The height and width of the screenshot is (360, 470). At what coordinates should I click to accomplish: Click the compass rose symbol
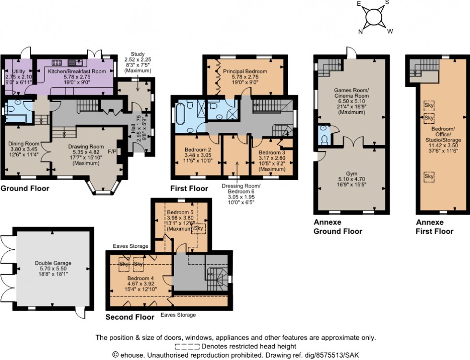click(x=374, y=18)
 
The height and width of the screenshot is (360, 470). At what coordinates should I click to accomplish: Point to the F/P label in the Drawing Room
click(x=112, y=151)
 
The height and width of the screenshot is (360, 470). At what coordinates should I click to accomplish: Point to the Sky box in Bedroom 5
click(x=198, y=229)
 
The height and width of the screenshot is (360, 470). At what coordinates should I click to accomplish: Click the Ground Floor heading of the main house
click(x=24, y=189)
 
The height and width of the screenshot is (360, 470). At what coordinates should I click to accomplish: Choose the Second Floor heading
click(x=130, y=317)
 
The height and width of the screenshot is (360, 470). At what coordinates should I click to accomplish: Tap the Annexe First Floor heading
click(x=434, y=227)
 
